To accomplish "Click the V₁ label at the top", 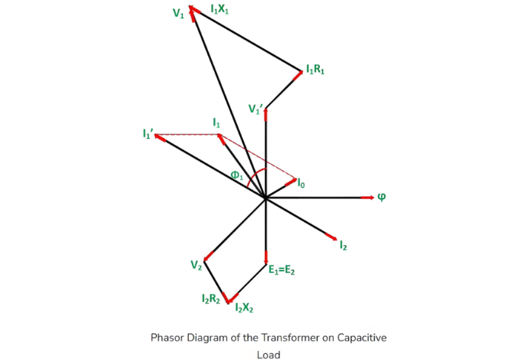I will pos(178,14).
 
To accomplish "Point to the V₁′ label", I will pos(257,109).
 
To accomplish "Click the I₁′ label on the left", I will pos(148,134).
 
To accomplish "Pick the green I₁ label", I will pos(216,122).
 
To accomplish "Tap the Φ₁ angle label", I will pos(236,175).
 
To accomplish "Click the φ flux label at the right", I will pos(382,197).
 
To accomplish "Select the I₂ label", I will pos(344,246).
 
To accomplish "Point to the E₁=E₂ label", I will pos(283,269).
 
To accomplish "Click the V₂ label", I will pos(197,265).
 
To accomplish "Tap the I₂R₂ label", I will pos(211,299).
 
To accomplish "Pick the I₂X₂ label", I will pos(245,308).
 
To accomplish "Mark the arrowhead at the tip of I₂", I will pos(332,236).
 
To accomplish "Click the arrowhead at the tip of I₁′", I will pos(159,137).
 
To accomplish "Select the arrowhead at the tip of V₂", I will pos(206,257).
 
